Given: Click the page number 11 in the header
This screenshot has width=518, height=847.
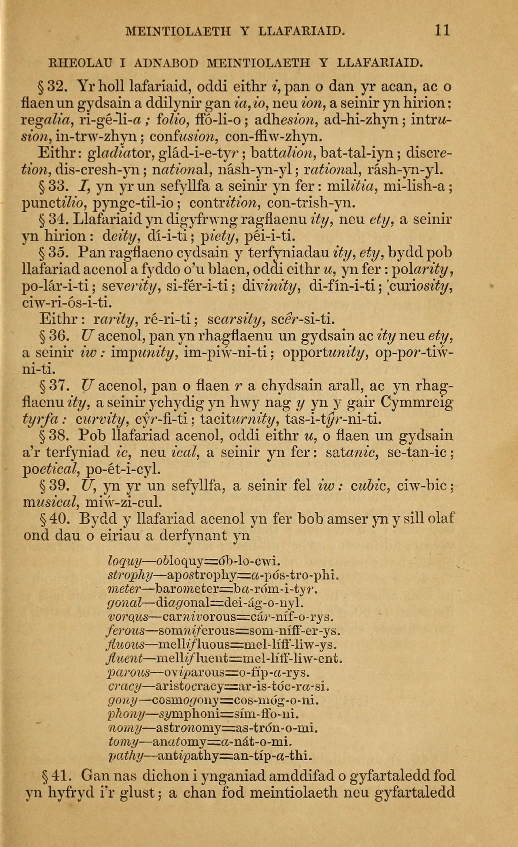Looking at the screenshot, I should click(x=442, y=30).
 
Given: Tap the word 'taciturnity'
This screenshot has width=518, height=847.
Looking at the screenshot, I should click(x=243, y=419).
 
